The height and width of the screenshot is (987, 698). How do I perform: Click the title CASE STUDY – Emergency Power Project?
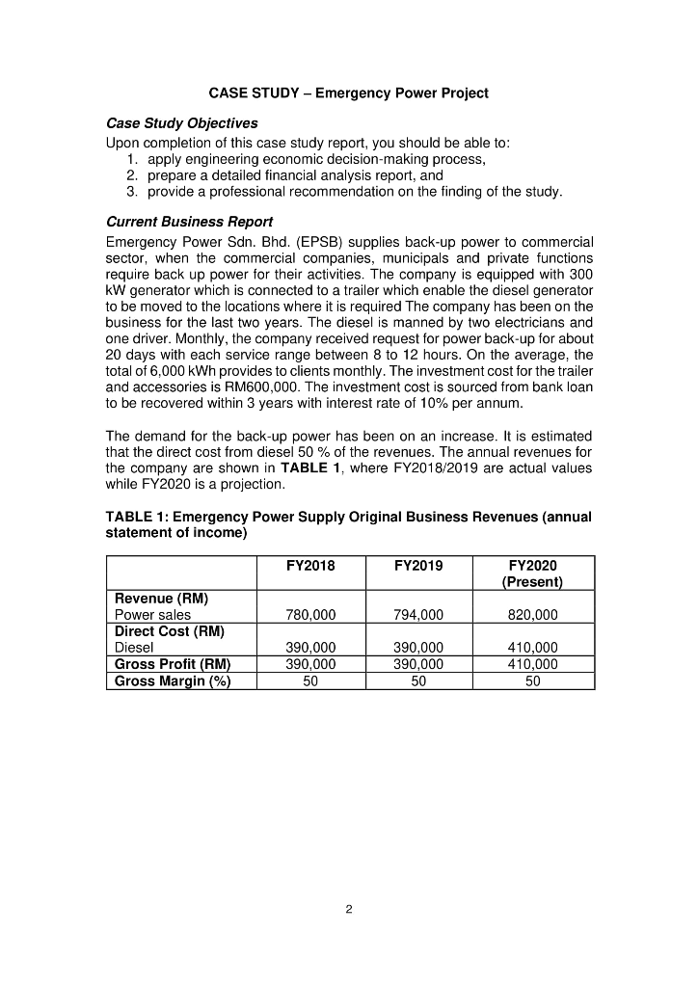(x=348, y=93)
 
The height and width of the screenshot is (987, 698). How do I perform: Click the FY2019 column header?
(x=418, y=566)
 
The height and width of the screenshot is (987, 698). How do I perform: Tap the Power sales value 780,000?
(x=312, y=615)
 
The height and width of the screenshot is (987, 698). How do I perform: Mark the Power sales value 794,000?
(x=418, y=615)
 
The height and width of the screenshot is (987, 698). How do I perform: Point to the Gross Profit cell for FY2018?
(x=312, y=664)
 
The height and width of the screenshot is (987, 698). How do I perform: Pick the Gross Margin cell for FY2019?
(x=418, y=680)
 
